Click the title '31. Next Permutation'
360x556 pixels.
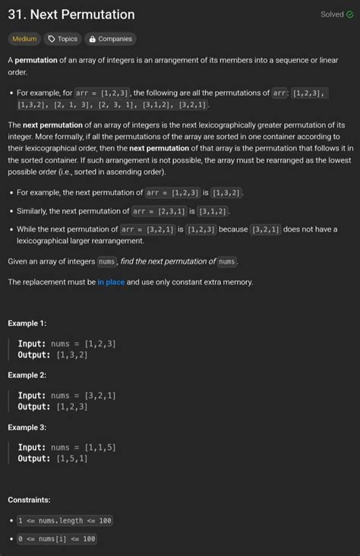[71, 14]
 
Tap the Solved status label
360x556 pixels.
[332, 14]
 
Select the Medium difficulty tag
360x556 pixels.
[24, 39]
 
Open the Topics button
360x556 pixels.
[62, 39]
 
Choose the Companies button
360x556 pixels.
[110, 39]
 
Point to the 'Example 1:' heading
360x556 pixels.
[27, 323]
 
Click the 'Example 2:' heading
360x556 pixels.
[27, 375]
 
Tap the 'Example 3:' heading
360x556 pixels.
[27, 428]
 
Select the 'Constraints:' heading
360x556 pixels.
[29, 500]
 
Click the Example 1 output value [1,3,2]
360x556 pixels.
[72, 355]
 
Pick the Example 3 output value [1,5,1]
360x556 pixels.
[72, 459]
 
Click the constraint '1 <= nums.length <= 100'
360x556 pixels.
[65, 521]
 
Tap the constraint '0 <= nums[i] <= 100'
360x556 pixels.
[57, 539]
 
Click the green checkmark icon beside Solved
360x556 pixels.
[349, 14]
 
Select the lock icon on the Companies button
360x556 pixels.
[91, 39]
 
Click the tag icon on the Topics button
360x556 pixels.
[52, 39]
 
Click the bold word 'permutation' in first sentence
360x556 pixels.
[36, 60]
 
